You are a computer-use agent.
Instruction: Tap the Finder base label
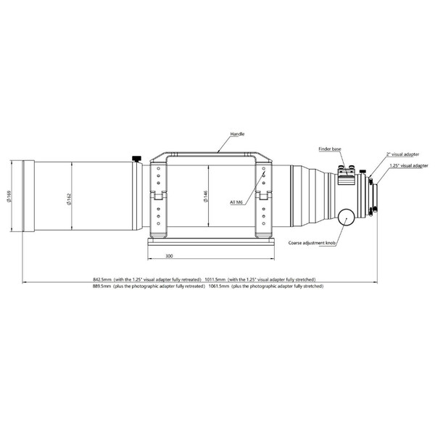click(329, 148)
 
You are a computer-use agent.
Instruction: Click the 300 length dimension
click(168, 256)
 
